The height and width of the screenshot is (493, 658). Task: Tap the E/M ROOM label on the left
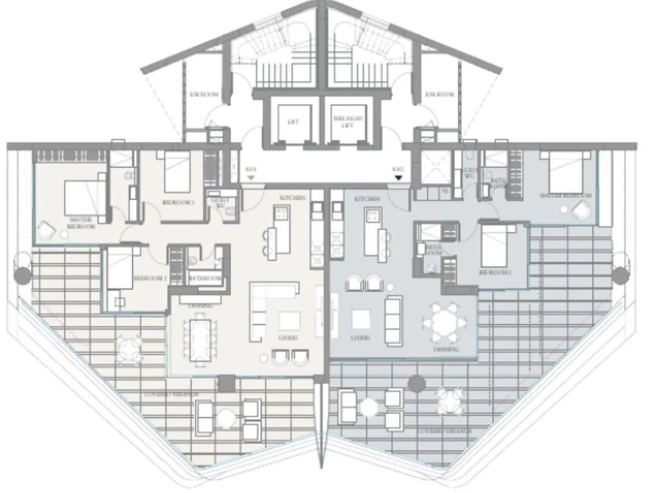(x=204, y=94)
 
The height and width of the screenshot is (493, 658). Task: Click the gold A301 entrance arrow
(x=251, y=177)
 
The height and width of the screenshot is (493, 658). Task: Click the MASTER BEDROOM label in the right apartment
(x=565, y=196)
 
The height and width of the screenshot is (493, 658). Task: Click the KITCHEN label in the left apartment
(x=292, y=198)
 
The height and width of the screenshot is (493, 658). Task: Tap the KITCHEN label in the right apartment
(x=367, y=200)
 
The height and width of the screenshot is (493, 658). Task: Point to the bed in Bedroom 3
(x=175, y=172)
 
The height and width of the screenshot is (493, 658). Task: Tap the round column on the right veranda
(x=416, y=384)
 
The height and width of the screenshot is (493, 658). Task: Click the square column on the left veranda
(x=226, y=385)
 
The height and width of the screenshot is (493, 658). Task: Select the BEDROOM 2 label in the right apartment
(x=495, y=272)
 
